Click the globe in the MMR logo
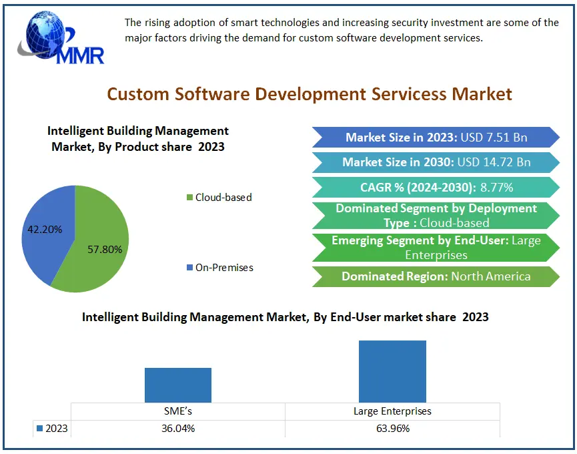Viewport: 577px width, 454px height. point(46,35)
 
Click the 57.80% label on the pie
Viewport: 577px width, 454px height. point(105,249)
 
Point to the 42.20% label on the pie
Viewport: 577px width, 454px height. point(45,230)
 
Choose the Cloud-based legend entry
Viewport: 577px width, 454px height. point(219,198)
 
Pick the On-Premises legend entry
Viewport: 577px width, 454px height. point(220,268)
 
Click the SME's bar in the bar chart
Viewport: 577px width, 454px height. point(178,385)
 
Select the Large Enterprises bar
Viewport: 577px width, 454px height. point(392,371)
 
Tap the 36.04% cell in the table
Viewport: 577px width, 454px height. point(178,429)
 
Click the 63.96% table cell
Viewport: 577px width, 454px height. point(393,429)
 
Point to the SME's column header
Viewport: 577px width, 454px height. point(178,411)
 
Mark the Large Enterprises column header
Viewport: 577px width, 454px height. point(392,411)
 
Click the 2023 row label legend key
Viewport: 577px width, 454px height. point(40,429)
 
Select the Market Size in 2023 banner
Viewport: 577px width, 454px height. point(436,138)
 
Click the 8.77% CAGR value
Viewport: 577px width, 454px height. point(497,188)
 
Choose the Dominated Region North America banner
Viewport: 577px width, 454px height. point(436,276)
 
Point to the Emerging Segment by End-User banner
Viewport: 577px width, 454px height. point(436,248)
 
